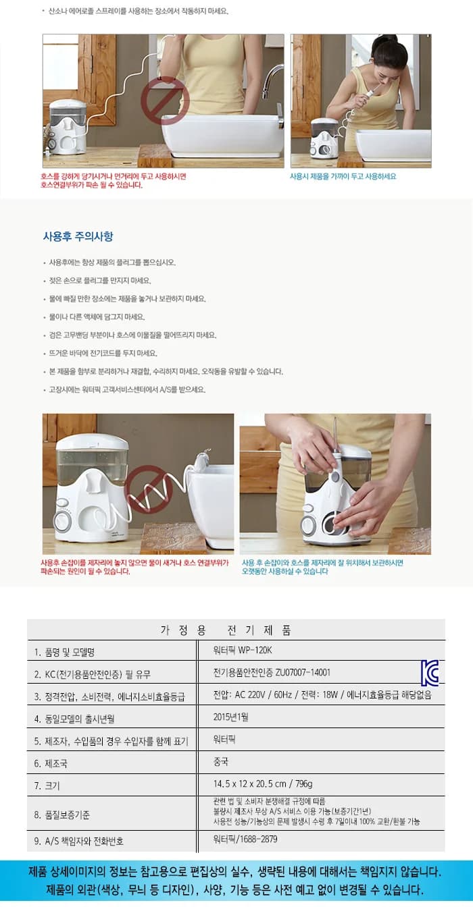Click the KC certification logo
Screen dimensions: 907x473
pos(430,674)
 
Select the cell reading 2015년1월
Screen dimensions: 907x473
pos(231,717)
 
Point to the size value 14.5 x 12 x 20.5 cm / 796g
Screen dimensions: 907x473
pos(263,784)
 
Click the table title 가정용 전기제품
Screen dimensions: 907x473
pos(226,630)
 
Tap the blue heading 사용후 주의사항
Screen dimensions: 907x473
pos(78,236)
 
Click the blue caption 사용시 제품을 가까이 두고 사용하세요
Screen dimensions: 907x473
pos(343,176)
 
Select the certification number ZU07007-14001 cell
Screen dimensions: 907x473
pos(272,673)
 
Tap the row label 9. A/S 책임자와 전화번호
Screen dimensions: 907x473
pos(79,842)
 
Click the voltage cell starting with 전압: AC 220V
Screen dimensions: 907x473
pos(322,695)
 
